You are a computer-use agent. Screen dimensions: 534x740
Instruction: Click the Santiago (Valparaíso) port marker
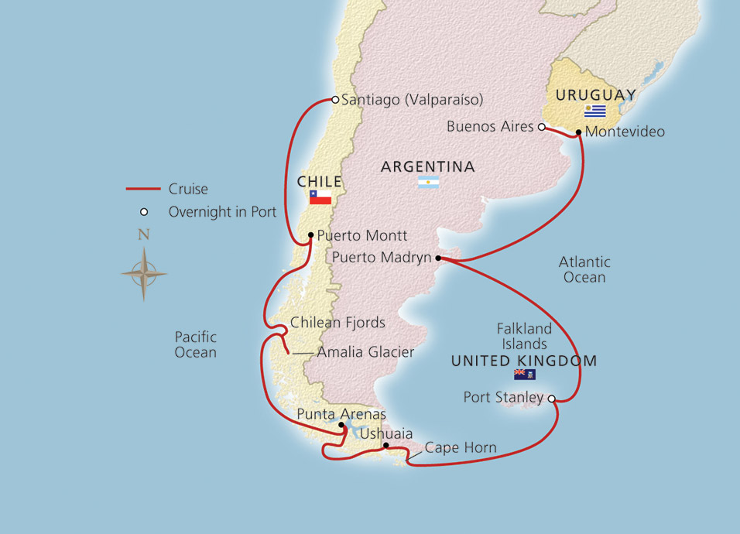[334, 99]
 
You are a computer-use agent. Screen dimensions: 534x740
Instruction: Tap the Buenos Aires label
[491, 126]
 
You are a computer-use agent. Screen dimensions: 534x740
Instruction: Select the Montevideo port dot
[578, 132]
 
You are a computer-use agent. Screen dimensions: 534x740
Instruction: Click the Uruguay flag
[594, 111]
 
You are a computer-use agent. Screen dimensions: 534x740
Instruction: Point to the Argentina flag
[428, 182]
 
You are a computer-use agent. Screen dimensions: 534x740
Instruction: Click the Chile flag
[320, 197]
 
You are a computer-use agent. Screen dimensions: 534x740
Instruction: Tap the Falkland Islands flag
[524, 375]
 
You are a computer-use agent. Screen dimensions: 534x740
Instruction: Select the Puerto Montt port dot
[310, 235]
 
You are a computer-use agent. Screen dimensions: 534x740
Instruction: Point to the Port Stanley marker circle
[551, 399]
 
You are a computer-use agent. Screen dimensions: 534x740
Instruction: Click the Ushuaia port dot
[385, 445]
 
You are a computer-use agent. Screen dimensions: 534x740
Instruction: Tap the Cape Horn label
[461, 448]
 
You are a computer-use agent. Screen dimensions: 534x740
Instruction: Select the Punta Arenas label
[341, 415]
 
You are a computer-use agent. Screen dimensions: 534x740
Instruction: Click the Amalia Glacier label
[365, 352]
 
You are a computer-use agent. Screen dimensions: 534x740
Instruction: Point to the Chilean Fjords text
[337, 323]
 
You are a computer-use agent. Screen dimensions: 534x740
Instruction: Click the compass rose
[143, 272]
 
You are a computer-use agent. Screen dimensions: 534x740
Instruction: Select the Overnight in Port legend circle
[143, 212]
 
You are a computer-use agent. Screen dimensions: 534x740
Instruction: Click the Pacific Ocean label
[195, 344]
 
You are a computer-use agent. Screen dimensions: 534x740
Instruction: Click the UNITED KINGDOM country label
[524, 361]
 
